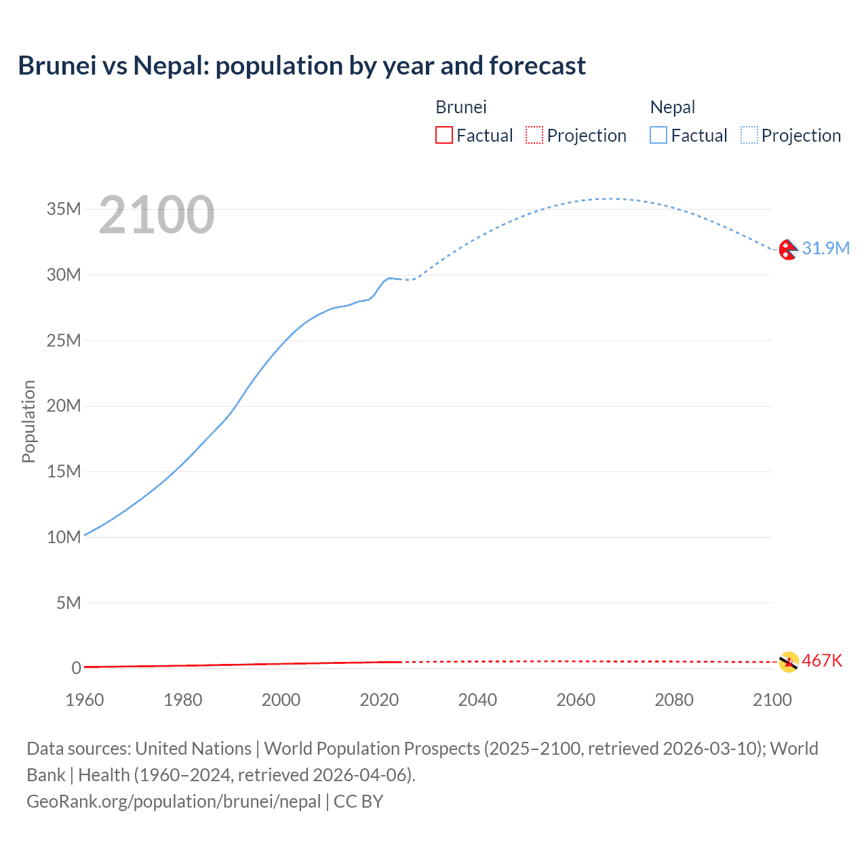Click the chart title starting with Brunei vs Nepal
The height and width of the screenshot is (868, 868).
click(x=302, y=66)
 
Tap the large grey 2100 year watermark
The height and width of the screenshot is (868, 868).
click(x=157, y=215)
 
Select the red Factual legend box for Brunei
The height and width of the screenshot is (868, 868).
click(x=444, y=136)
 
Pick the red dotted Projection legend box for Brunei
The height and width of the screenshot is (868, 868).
click(x=534, y=136)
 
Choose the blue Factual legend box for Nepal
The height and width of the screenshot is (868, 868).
click(x=658, y=136)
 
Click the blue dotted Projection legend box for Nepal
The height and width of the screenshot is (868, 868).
click(x=749, y=136)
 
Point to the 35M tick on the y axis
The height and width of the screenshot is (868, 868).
click(x=64, y=209)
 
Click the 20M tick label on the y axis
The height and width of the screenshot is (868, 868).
click(x=64, y=406)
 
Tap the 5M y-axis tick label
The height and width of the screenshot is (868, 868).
click(x=68, y=602)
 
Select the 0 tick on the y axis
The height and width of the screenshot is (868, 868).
click(x=76, y=668)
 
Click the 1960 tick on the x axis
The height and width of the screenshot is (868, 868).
click(x=85, y=700)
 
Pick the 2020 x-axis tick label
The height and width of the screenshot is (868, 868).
click(x=379, y=700)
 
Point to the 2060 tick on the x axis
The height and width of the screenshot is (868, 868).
click(x=576, y=700)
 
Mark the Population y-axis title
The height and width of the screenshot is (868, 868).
click(x=28, y=421)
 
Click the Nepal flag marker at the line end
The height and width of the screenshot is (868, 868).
click(x=788, y=250)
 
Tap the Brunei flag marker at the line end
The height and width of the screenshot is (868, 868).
click(x=789, y=662)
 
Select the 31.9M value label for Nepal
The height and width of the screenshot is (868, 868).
click(x=825, y=248)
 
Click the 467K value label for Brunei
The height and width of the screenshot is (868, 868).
click(x=822, y=660)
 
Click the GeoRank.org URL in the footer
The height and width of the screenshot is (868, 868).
click(x=174, y=802)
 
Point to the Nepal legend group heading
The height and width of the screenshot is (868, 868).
click(x=673, y=107)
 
